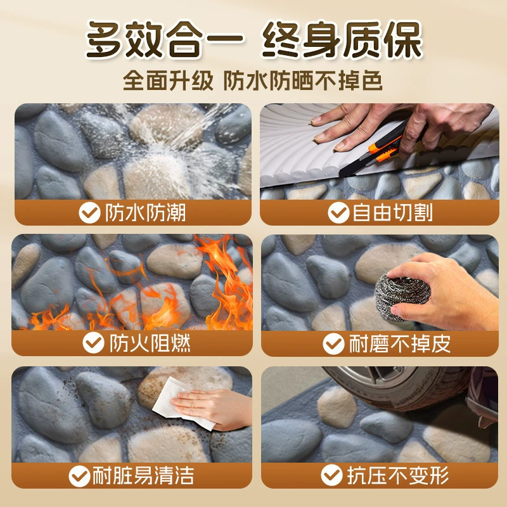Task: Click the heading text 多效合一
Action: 165,39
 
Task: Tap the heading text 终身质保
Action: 342,39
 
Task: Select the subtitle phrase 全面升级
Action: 168,80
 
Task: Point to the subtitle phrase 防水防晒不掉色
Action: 304,80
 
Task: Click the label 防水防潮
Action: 145,213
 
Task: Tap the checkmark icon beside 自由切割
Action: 338,213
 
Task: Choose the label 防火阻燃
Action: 150,343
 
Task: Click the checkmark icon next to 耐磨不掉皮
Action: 333,343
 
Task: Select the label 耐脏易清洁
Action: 143,476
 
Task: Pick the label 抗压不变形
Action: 398,475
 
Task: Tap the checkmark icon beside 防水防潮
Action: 89,213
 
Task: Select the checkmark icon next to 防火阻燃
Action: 93,343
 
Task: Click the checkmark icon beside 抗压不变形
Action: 331,475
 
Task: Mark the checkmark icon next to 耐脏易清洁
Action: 79,476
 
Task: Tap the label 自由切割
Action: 392,213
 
